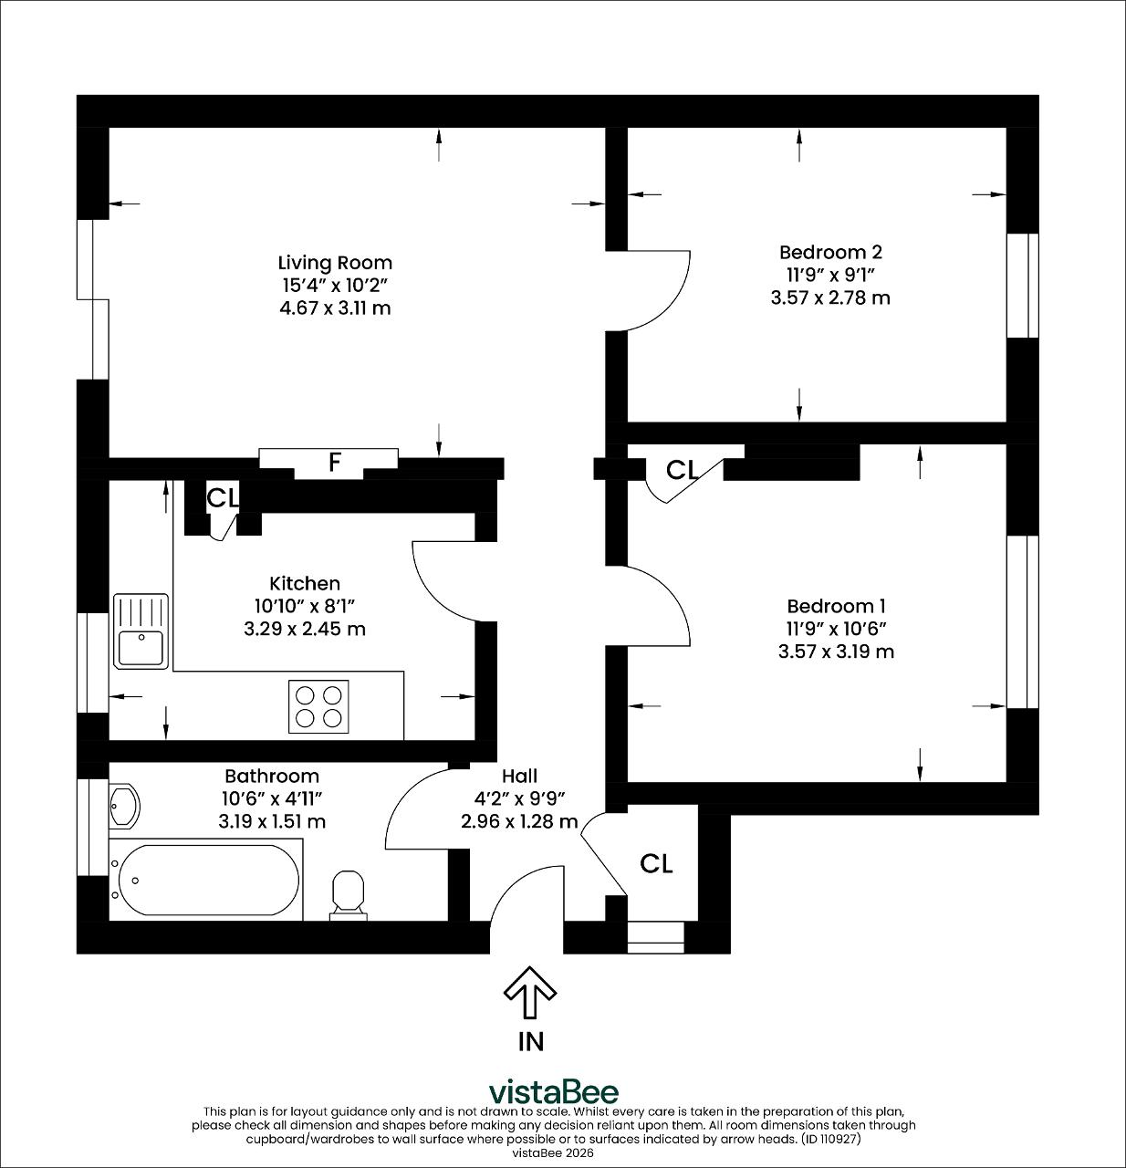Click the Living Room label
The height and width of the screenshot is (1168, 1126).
(x=335, y=263)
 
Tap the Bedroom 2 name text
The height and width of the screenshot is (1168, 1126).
(x=830, y=252)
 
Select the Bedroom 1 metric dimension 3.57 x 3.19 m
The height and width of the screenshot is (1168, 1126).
(x=836, y=652)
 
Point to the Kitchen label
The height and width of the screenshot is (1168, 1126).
(x=304, y=583)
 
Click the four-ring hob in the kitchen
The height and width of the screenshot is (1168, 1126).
(x=318, y=706)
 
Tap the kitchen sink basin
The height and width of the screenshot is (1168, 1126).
(x=141, y=648)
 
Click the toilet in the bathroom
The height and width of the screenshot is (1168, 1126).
(x=349, y=895)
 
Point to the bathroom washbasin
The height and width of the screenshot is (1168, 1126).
(x=124, y=806)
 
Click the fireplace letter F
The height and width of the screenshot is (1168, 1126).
(x=335, y=462)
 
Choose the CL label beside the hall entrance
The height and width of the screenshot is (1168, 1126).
(x=656, y=864)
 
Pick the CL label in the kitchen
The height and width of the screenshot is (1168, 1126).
(x=223, y=497)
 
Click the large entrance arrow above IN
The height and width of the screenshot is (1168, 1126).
(x=529, y=992)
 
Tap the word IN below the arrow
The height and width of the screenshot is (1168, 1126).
(x=530, y=1042)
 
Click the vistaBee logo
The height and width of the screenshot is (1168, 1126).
(x=553, y=1092)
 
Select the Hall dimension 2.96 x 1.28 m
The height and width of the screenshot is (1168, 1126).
(x=519, y=821)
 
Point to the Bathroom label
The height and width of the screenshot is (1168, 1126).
(x=272, y=776)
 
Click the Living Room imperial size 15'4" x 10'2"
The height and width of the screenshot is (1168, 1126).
(x=336, y=286)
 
